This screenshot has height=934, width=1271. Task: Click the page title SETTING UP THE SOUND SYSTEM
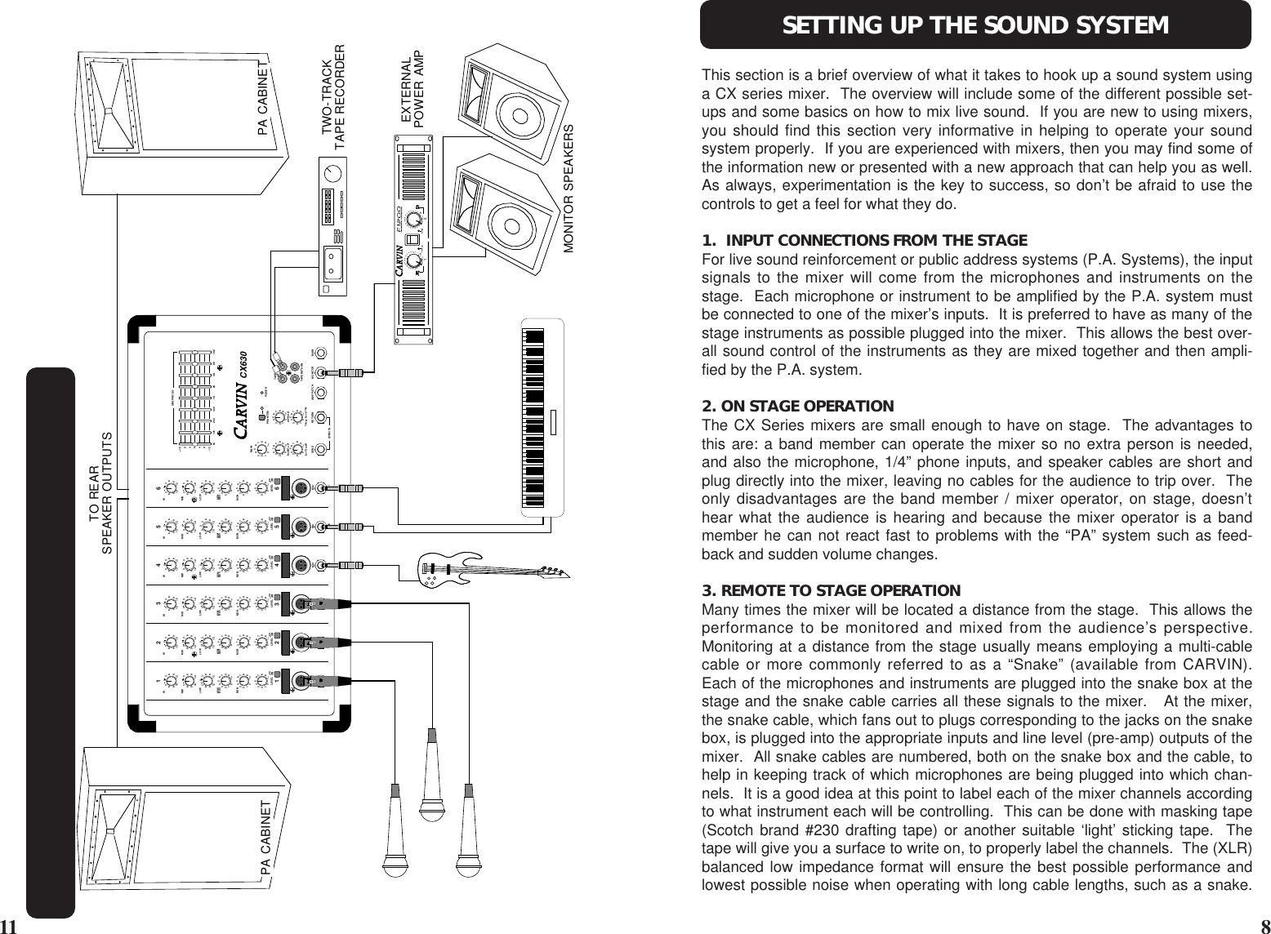click(x=975, y=25)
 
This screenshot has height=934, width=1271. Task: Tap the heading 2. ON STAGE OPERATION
click(x=798, y=406)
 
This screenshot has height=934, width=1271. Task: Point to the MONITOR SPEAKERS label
click(x=569, y=189)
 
